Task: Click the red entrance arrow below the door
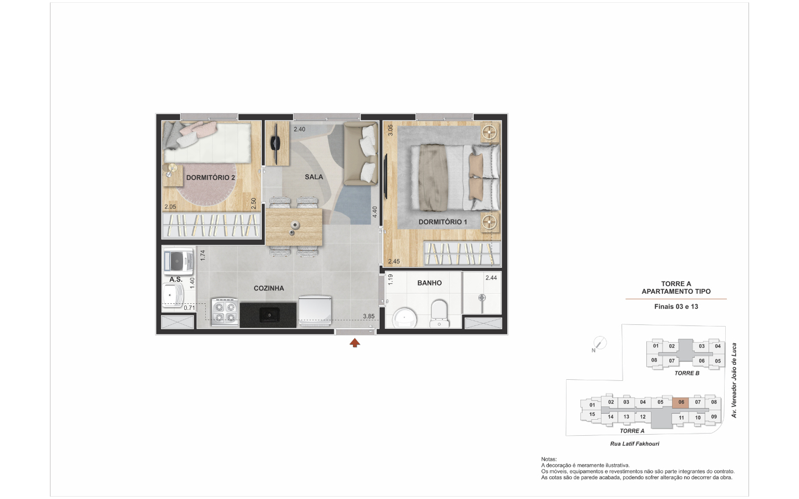click(355, 343)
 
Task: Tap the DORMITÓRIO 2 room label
click(210, 177)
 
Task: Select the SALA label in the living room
click(314, 177)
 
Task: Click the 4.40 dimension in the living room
click(375, 212)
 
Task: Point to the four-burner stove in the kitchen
click(225, 312)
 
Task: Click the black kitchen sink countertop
click(268, 315)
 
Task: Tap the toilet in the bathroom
click(439, 313)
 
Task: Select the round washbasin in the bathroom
click(404, 318)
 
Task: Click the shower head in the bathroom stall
click(482, 298)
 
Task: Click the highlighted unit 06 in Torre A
click(681, 403)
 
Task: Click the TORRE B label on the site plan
click(687, 373)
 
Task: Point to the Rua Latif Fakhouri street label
click(635, 444)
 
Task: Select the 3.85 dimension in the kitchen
click(369, 316)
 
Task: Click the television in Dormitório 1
click(386, 176)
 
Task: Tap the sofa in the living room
click(361, 153)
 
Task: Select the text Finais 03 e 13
click(676, 307)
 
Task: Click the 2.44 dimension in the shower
click(491, 278)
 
